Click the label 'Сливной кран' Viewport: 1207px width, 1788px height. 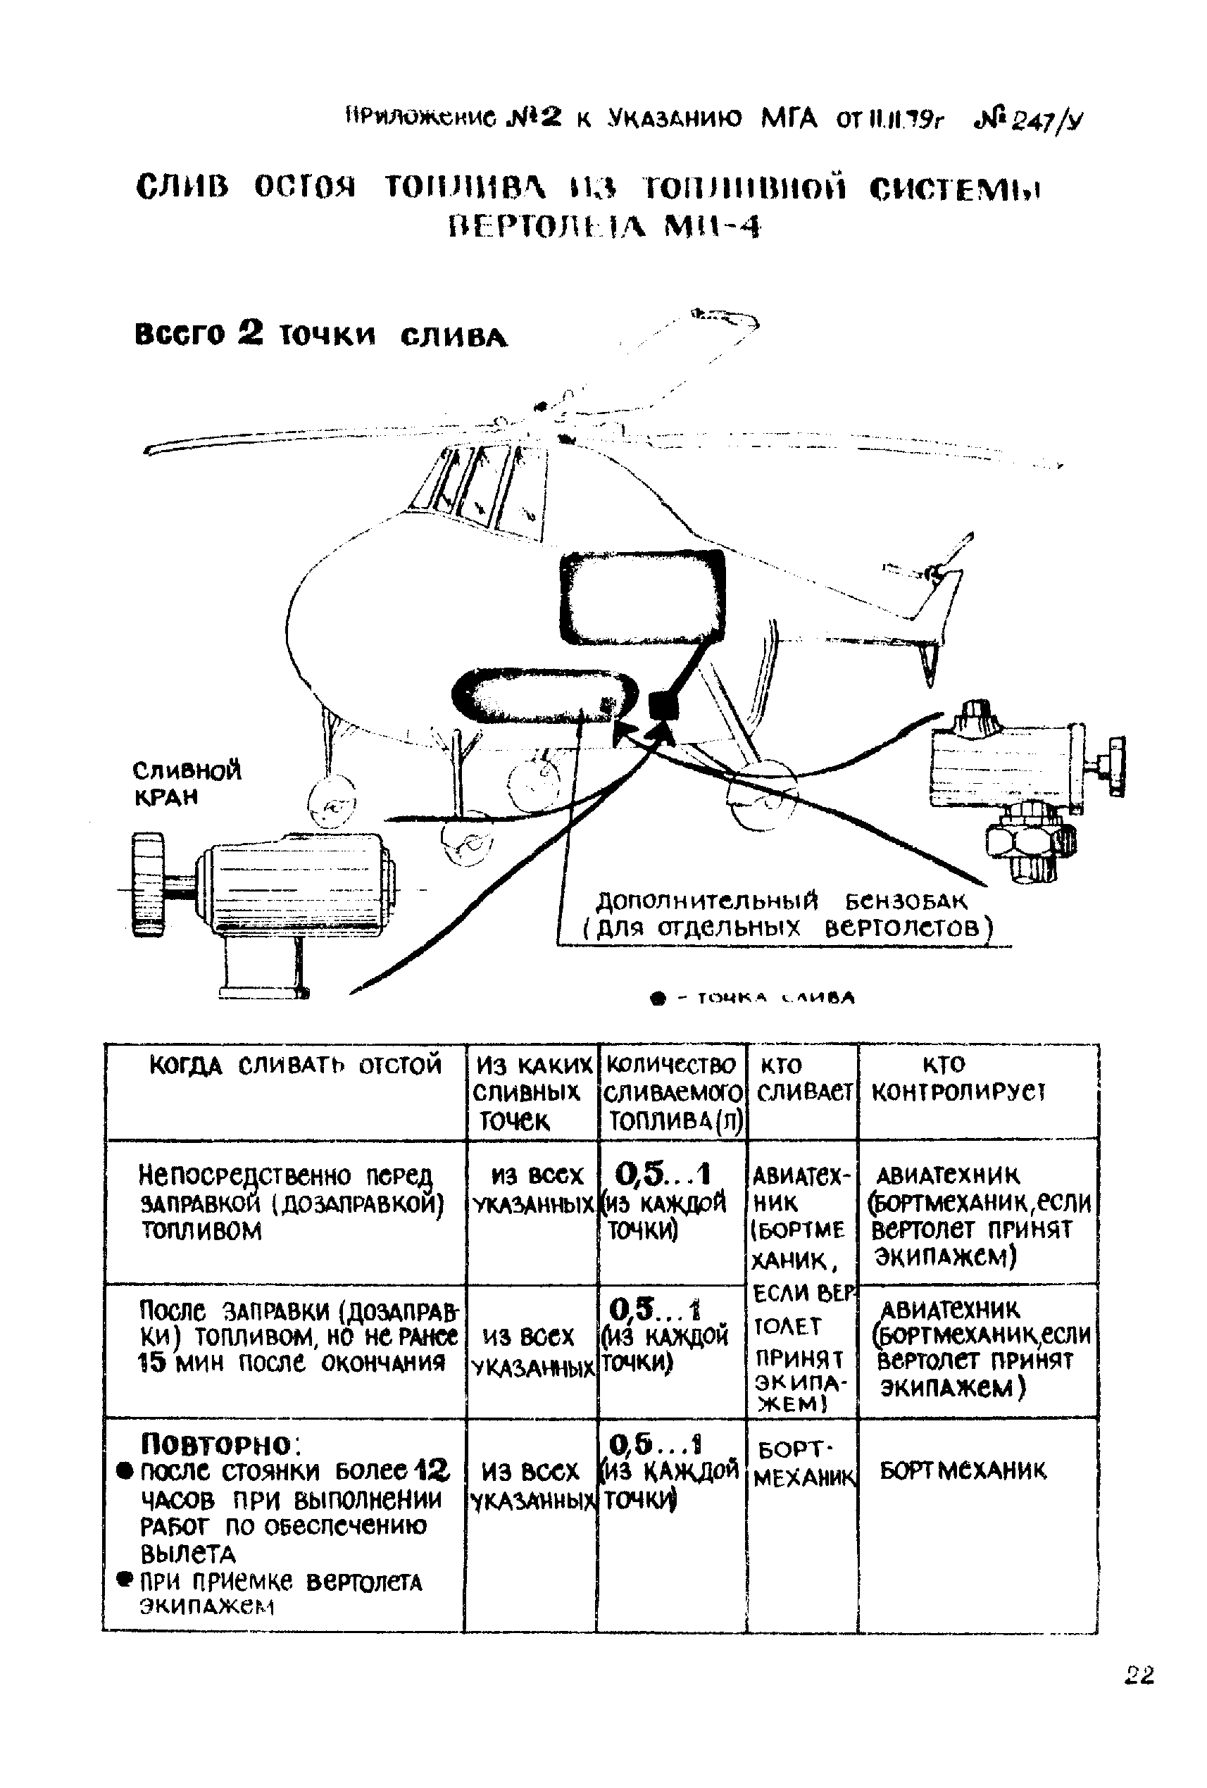[186, 782]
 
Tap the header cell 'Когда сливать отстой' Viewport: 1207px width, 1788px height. [295, 1065]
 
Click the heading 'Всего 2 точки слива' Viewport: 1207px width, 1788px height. [321, 335]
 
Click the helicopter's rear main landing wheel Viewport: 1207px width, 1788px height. [758, 796]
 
